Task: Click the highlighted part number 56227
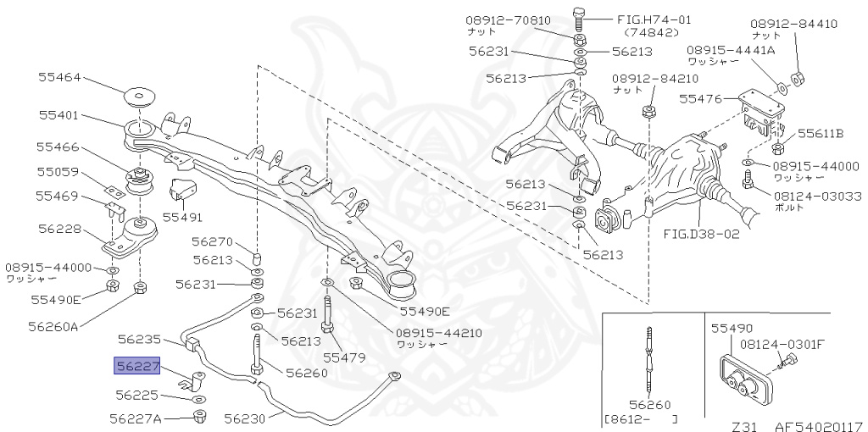(x=136, y=365)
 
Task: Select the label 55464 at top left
(x=59, y=77)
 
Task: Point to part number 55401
(x=59, y=114)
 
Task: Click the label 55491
(x=183, y=217)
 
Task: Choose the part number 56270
(x=212, y=241)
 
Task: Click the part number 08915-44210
(x=439, y=332)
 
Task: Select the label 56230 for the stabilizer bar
(x=245, y=418)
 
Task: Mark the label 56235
(x=139, y=339)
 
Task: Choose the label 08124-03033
(x=817, y=196)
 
